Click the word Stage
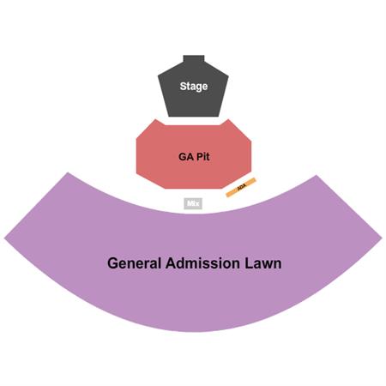click(x=194, y=86)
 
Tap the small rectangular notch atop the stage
click(x=194, y=58)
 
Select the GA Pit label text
click(x=194, y=156)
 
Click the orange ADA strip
click(x=241, y=187)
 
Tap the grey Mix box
click(x=193, y=203)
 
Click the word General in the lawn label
click(x=134, y=263)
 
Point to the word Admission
click(x=202, y=263)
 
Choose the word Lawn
click(x=263, y=263)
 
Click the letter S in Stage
click(x=183, y=86)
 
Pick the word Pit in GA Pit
click(x=202, y=156)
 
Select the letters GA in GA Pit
click(x=186, y=157)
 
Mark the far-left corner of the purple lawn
click(x=4, y=238)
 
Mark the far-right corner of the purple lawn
click(x=382, y=237)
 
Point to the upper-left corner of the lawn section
click(x=68, y=172)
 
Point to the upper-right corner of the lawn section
click(x=317, y=175)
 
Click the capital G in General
click(x=112, y=263)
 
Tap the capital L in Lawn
click(x=248, y=263)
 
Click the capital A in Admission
click(x=171, y=263)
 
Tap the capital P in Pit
click(x=199, y=157)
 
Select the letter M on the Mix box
click(x=190, y=203)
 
